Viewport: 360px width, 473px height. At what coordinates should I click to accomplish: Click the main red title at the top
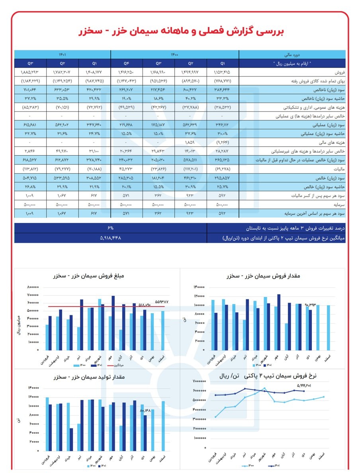pyautogui.click(x=180, y=31)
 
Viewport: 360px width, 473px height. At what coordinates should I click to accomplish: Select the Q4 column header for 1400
pyautogui.click(x=127, y=63)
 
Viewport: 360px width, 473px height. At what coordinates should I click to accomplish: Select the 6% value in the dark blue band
pyautogui.click(x=111, y=228)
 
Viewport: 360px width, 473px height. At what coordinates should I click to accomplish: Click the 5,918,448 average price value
pyautogui.click(x=111, y=238)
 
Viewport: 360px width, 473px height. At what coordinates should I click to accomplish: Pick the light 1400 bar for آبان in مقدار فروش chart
pyautogui.click(x=286, y=336)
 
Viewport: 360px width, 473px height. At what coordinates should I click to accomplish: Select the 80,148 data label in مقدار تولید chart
pyautogui.click(x=146, y=410)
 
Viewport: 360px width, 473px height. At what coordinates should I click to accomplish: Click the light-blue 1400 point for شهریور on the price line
pyautogui.click(x=264, y=388)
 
